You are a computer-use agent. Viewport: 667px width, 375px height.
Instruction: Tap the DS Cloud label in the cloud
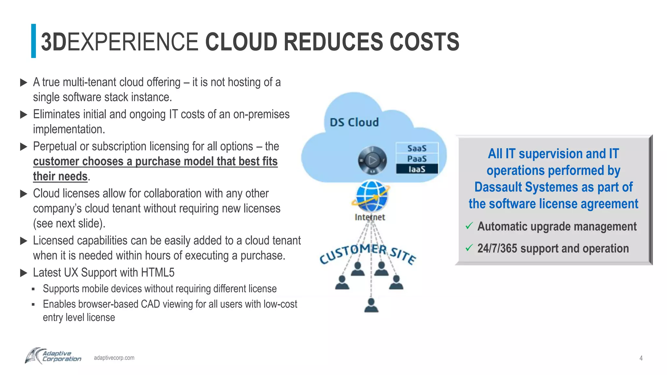(x=354, y=122)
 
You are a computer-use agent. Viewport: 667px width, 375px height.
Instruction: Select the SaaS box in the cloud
(x=417, y=148)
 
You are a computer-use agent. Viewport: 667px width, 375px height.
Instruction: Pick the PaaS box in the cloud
(x=417, y=159)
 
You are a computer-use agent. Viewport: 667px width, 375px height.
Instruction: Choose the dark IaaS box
(x=417, y=169)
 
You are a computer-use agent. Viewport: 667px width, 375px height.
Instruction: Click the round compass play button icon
(x=372, y=160)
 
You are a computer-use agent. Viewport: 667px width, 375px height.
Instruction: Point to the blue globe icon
(x=371, y=196)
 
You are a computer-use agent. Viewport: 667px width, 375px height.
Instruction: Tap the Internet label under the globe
(x=370, y=217)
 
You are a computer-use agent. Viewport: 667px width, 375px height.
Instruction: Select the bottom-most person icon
(x=371, y=305)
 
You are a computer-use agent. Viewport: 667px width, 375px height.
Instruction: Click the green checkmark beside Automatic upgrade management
(x=469, y=226)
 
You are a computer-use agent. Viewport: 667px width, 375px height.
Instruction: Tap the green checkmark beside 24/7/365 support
(x=469, y=248)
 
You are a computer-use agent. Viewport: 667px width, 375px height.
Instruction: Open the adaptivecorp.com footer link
(x=114, y=358)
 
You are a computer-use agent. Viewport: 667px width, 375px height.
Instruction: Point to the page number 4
(x=641, y=358)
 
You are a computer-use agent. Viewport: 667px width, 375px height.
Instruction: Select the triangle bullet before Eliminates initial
(x=23, y=115)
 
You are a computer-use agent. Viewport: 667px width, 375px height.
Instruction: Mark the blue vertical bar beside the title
(x=34, y=41)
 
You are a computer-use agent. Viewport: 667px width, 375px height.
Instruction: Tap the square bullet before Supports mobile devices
(x=33, y=289)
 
